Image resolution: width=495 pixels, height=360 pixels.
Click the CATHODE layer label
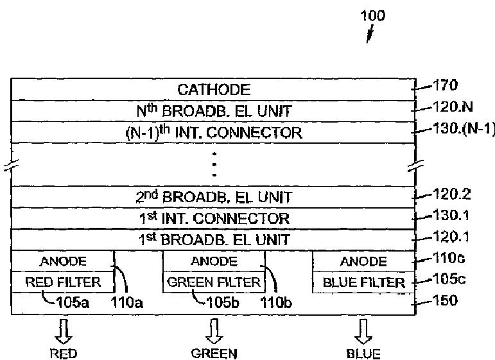tap(214, 90)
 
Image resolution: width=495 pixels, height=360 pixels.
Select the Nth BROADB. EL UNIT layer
tap(214, 111)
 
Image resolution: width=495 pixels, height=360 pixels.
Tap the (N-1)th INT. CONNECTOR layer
tap(214, 133)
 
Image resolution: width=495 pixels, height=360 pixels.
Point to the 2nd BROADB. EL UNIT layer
tap(214, 197)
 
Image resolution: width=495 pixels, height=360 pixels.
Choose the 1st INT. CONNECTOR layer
tap(214, 218)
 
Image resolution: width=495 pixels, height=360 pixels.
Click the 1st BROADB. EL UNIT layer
tap(214, 240)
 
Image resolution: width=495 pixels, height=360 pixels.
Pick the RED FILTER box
tap(62, 282)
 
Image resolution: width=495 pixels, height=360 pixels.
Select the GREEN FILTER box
tap(214, 282)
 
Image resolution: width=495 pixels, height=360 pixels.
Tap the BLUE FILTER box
tap(363, 282)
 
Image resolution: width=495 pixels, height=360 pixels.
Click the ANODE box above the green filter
tap(214, 261)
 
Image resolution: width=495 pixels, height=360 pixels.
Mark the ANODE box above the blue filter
tap(363, 261)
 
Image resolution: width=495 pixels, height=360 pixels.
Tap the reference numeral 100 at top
tap(372, 15)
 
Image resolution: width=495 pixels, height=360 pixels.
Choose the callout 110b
tap(275, 302)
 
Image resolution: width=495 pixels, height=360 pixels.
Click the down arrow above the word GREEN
tap(214, 330)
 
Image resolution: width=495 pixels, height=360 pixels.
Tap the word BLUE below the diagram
tap(363, 354)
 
